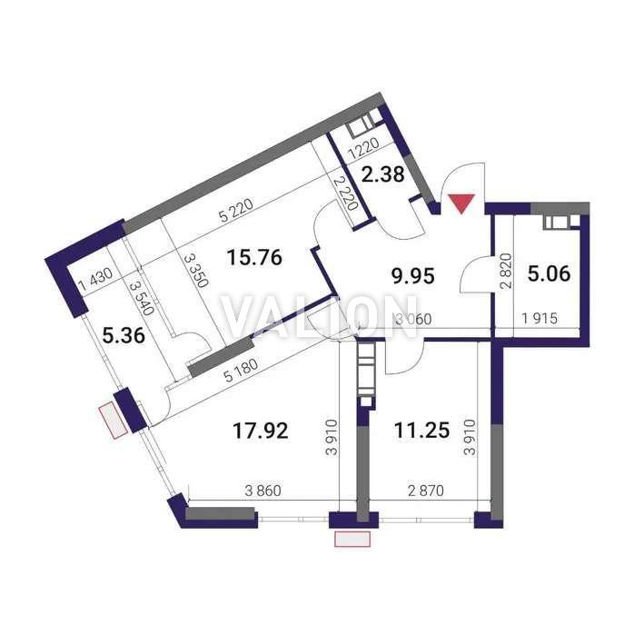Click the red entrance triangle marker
[x=462, y=203]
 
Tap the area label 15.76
[x=254, y=258]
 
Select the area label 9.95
[x=412, y=276]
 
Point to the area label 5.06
[x=549, y=273]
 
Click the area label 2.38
[x=382, y=174]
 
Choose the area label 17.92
[x=261, y=431]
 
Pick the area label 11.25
[x=421, y=430]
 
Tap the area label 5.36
[x=124, y=336]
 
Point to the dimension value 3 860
[x=263, y=491]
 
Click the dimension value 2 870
[x=426, y=491]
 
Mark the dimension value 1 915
[x=540, y=319]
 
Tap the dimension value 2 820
[x=506, y=271]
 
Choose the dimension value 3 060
[x=413, y=319]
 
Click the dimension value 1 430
[x=95, y=280]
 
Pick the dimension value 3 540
[x=142, y=299]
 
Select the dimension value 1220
[x=364, y=149]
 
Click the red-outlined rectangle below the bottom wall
[x=352, y=539]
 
